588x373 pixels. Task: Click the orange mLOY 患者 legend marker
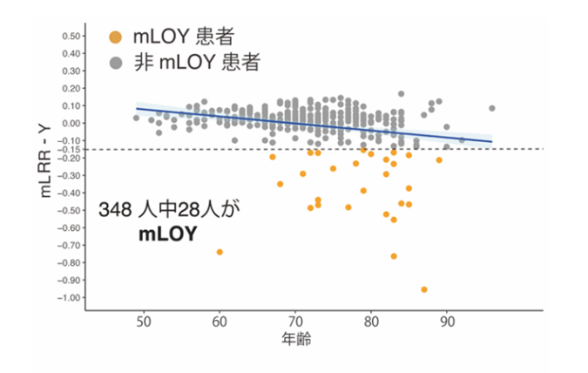[114, 37]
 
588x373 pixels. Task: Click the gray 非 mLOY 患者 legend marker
[114, 64]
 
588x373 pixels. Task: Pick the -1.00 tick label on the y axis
[69, 297]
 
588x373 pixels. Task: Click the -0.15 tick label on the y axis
[69, 149]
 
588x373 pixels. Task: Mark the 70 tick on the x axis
[295, 322]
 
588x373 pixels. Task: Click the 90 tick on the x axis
[447, 322]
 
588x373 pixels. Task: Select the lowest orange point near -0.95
[424, 289]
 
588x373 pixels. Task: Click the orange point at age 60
[220, 252]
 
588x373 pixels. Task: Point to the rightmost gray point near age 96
[492, 108]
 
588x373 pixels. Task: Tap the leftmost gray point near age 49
[136, 118]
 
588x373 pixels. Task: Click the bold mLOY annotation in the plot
[167, 234]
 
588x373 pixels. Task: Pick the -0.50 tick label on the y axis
[69, 210]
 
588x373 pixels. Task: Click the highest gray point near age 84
[402, 93]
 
